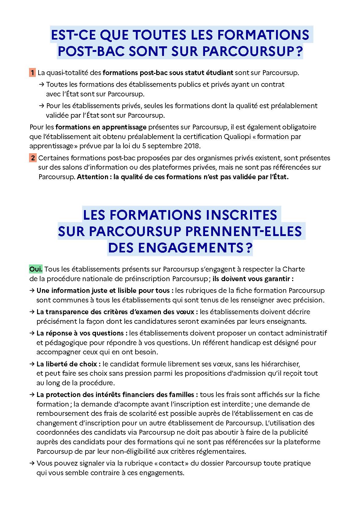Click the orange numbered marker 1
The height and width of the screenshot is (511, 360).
pyautogui.click(x=32, y=73)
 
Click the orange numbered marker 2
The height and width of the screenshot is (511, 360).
pyautogui.click(x=33, y=158)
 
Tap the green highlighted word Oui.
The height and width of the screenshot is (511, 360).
pyautogui.click(x=36, y=269)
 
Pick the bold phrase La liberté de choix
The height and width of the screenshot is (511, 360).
pyautogui.click(x=67, y=364)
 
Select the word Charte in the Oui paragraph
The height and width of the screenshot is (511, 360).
pyautogui.click(x=294, y=269)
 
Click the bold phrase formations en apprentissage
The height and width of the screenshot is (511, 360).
pyautogui.click(x=101, y=127)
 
